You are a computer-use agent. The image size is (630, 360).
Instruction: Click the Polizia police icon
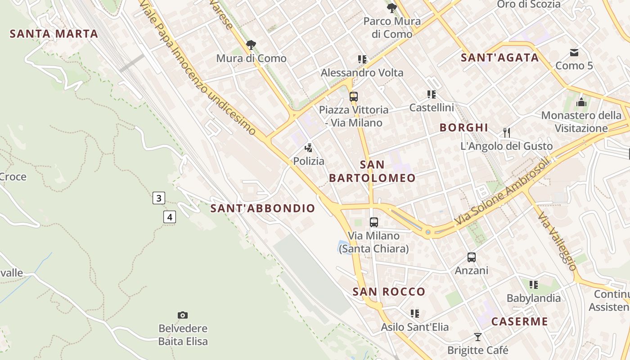click(x=309, y=148)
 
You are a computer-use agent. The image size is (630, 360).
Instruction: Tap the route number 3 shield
click(x=158, y=198)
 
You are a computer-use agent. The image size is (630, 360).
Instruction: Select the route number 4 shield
click(x=169, y=217)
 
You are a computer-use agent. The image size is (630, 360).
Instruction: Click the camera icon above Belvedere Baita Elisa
click(x=183, y=315)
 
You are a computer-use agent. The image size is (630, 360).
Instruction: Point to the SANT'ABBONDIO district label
click(x=263, y=208)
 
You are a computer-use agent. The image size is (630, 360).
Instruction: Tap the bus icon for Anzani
click(x=471, y=257)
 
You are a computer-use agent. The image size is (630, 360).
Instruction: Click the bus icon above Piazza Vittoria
click(x=354, y=96)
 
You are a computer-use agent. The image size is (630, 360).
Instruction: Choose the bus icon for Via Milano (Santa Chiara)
click(x=374, y=222)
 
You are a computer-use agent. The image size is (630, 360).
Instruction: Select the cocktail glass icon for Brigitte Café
click(x=478, y=337)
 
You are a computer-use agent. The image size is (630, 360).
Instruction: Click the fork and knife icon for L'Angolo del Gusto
click(x=507, y=132)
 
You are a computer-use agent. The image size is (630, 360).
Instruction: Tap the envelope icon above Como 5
click(x=574, y=53)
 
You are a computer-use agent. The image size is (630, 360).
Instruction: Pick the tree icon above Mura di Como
click(x=251, y=45)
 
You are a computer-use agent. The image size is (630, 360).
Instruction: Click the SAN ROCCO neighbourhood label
click(x=389, y=292)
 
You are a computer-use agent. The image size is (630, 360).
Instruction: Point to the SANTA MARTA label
click(x=54, y=34)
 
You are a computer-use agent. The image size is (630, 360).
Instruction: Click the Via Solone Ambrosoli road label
click(x=503, y=191)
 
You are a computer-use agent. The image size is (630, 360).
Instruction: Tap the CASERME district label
click(x=519, y=321)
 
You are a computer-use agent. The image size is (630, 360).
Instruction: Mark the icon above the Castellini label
click(x=432, y=94)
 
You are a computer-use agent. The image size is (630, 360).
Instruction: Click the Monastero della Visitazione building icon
click(x=581, y=102)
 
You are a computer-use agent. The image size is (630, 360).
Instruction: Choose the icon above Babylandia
click(x=534, y=284)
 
